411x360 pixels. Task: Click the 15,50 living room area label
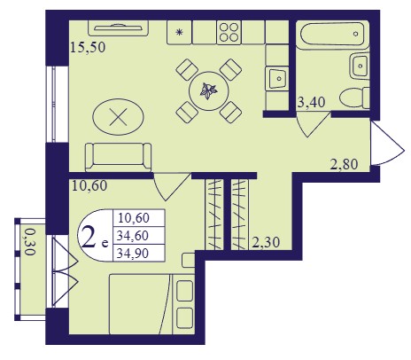coord(88,47)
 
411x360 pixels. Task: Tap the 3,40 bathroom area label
coord(311,102)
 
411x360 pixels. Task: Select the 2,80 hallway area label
coord(344,164)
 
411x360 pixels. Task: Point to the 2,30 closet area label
coord(266,242)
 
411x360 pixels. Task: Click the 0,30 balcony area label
coord(29,242)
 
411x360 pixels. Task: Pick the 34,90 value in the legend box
coord(133,254)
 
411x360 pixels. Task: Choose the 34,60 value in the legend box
coord(133,236)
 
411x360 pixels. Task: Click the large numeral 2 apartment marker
coord(89,236)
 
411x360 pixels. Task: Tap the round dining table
coord(209,91)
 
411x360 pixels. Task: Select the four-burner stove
coord(229,33)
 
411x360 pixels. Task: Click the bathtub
coord(332,35)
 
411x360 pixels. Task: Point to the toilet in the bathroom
coord(354,98)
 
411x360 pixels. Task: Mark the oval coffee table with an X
coord(118,117)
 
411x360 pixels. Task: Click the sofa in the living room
coord(118,157)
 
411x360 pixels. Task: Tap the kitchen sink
coord(277,78)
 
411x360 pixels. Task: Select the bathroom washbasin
coord(360,66)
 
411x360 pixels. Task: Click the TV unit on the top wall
coord(118,28)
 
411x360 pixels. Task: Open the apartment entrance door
coord(388,144)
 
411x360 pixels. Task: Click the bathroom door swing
coord(313,125)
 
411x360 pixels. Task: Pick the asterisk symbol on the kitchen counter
coord(179,32)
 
